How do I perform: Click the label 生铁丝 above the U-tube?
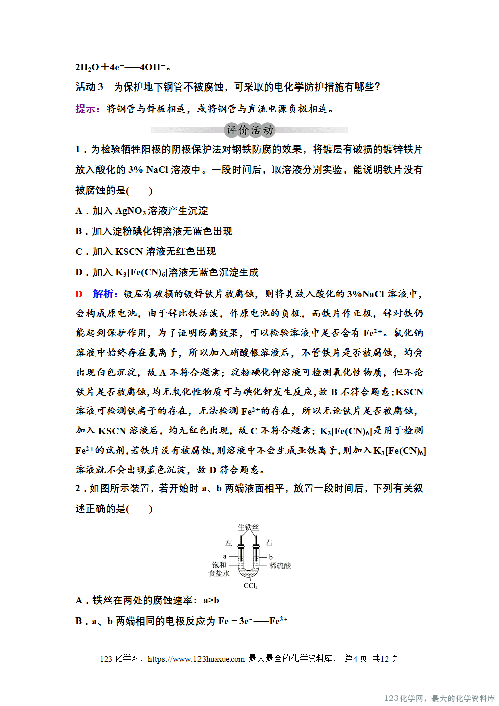coord(248,527)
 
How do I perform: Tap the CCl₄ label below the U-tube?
coord(250,586)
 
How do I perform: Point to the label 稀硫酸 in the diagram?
coord(280,566)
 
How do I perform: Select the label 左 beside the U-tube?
coord(229,543)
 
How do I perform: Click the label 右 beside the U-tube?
coord(269,543)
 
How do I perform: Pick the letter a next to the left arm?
coord(225,556)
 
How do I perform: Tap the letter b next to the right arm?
coord(271,557)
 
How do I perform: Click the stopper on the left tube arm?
coord(241,546)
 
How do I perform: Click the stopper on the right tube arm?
coord(256,546)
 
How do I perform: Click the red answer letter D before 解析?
coord(79,294)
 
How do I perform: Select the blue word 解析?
coord(104,294)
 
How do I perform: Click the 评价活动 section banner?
coord(250,130)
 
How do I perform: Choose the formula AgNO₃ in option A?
coord(130,211)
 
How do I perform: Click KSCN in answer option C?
coord(129,252)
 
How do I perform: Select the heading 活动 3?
coord(89,87)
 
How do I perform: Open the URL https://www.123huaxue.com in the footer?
coord(196,659)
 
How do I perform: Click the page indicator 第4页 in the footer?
coord(356,659)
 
